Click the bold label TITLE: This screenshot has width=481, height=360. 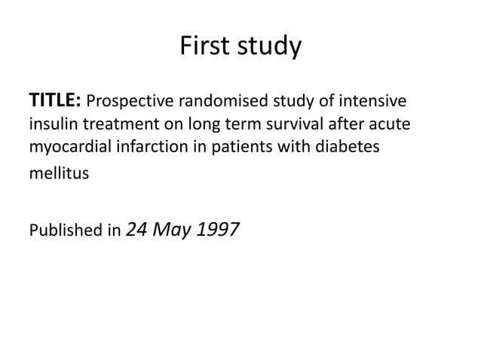coord(56,100)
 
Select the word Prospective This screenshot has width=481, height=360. coord(131,101)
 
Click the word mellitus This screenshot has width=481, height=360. coord(58,173)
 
